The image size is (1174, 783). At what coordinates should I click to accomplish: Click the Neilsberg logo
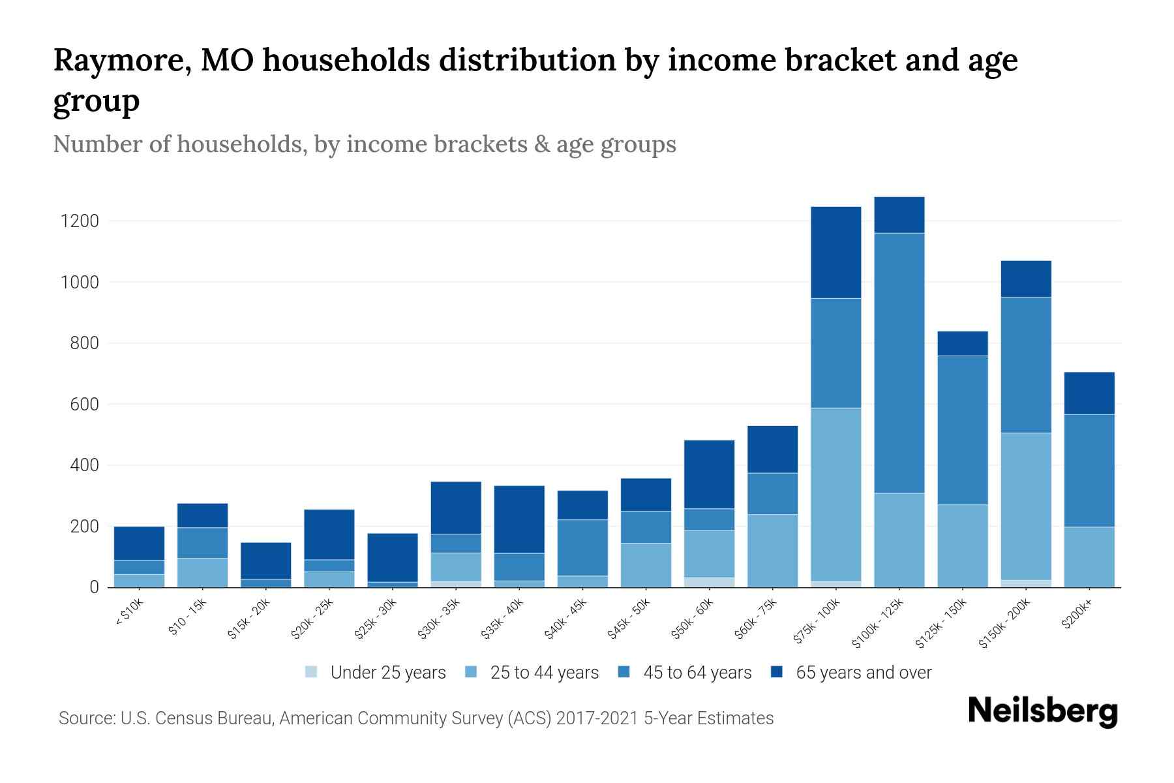tap(1042, 711)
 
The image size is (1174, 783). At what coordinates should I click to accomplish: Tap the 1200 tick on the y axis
tap(80, 221)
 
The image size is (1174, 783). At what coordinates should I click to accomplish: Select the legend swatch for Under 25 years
tap(312, 671)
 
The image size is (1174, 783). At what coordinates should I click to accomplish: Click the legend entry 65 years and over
tap(864, 673)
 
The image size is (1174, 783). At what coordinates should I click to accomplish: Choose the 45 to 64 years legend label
tap(697, 673)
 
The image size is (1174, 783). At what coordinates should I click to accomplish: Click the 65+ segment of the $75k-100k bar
tap(835, 253)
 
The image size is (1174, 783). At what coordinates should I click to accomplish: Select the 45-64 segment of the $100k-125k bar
tap(899, 363)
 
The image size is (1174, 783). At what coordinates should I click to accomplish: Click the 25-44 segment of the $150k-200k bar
tap(1026, 506)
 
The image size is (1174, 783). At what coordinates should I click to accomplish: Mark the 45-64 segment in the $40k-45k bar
tap(582, 547)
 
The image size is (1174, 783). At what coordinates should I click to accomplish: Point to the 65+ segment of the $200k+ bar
tap(1089, 393)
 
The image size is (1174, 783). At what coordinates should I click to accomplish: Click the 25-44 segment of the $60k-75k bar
tap(772, 551)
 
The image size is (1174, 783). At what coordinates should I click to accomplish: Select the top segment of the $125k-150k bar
tap(963, 343)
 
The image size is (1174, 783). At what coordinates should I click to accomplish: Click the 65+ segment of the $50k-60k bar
tap(709, 474)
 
